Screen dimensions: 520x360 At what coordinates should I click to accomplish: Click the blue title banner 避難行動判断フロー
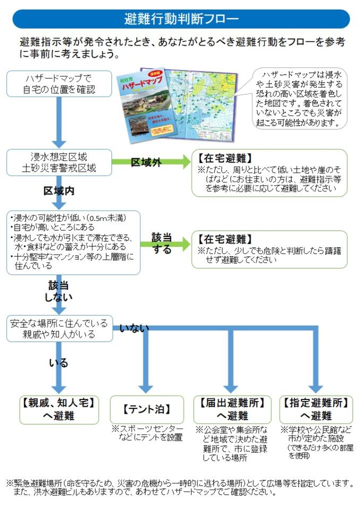coord(181,20)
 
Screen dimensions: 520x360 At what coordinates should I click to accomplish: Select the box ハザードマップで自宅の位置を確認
coord(59,84)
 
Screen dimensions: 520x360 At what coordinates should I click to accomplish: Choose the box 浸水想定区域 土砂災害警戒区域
coord(59,163)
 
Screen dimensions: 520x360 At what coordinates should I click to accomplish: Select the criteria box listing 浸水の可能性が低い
coord(73,242)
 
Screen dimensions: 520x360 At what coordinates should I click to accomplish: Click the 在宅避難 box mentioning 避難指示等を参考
coord(269,173)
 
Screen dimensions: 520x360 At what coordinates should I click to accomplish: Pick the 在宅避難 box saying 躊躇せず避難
coord(269,249)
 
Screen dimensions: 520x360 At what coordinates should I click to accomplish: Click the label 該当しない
coord(59,291)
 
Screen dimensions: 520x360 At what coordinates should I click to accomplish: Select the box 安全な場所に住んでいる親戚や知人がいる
coord(59,328)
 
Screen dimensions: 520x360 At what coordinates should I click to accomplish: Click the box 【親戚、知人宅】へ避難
coord(58,408)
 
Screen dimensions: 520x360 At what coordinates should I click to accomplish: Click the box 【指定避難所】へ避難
coord(316,408)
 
